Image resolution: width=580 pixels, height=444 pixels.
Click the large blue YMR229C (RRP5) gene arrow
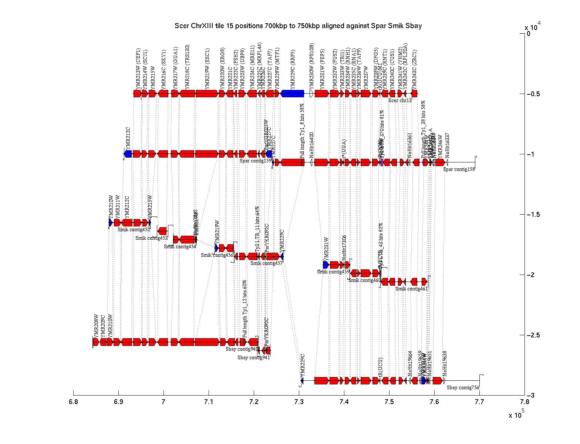[293, 94]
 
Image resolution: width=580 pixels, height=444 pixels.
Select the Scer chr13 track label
[400, 100]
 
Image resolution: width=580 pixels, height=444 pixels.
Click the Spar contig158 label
[459, 169]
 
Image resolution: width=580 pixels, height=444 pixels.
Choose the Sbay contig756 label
[463, 388]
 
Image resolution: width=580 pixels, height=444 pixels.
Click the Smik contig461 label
[411, 289]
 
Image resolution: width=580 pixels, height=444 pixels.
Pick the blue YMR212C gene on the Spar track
[128, 154]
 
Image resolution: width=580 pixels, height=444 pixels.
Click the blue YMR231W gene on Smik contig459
[326, 265]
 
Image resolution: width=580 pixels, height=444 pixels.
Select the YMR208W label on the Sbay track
[96, 326]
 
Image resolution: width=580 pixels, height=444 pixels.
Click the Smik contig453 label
[151, 238]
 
